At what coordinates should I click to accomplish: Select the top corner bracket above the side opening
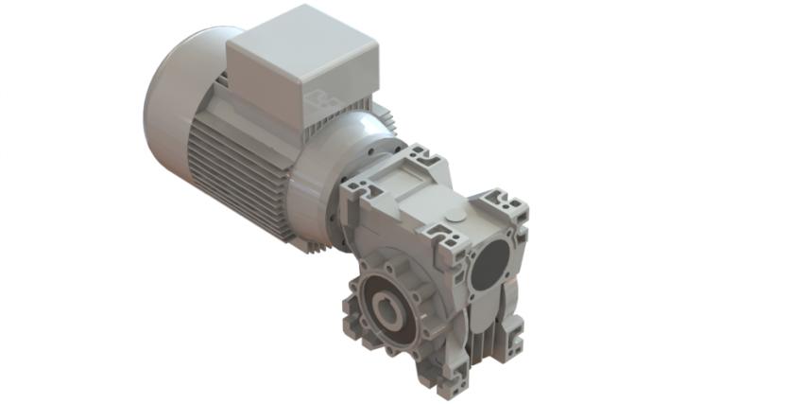click(502, 203)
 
